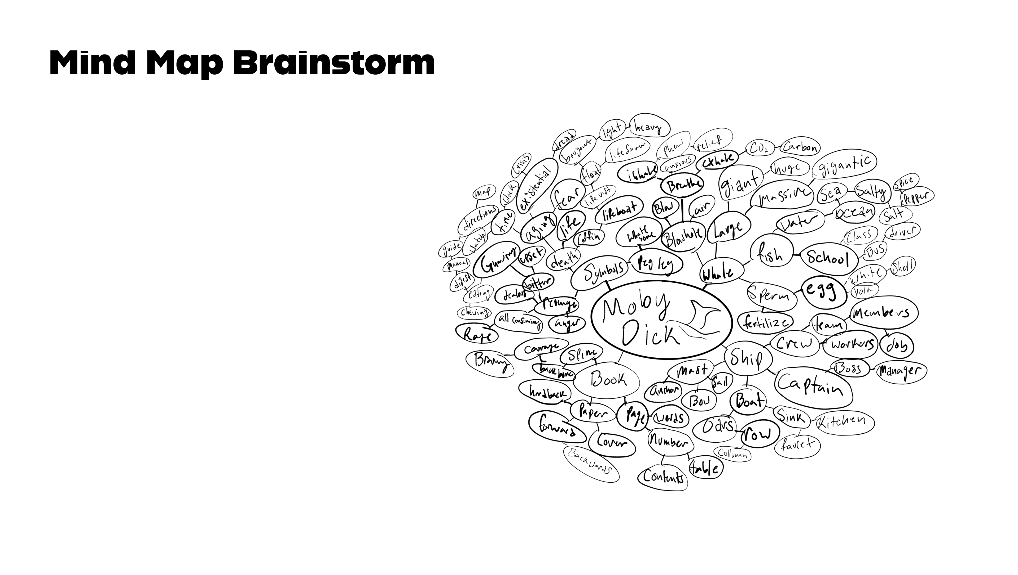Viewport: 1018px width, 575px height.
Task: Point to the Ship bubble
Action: pos(748,359)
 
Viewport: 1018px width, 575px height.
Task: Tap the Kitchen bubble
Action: pos(845,422)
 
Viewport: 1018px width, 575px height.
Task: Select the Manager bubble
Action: pos(901,371)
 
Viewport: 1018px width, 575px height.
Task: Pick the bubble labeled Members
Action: pos(884,313)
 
